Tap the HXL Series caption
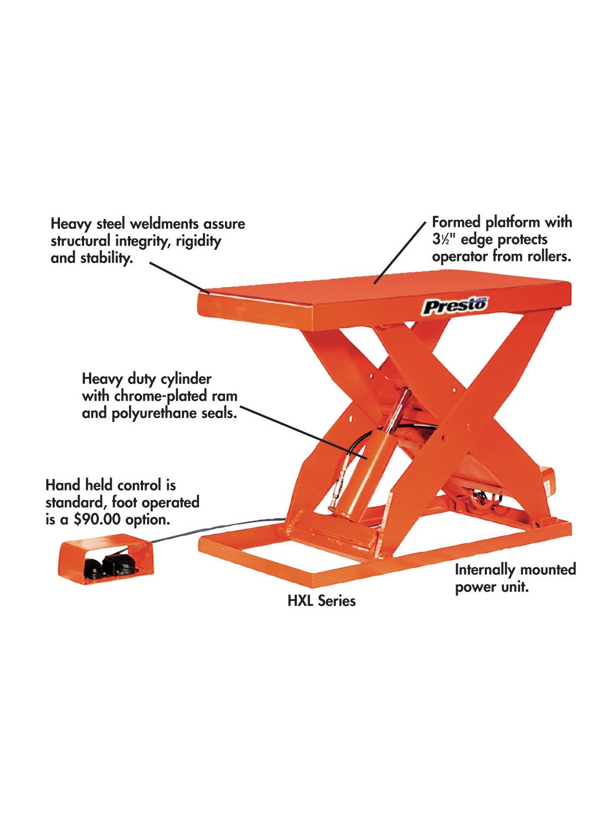321,601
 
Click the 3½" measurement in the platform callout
444,240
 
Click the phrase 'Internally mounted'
515,570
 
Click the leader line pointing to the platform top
400,252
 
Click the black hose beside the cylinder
358,442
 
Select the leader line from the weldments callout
179,277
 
